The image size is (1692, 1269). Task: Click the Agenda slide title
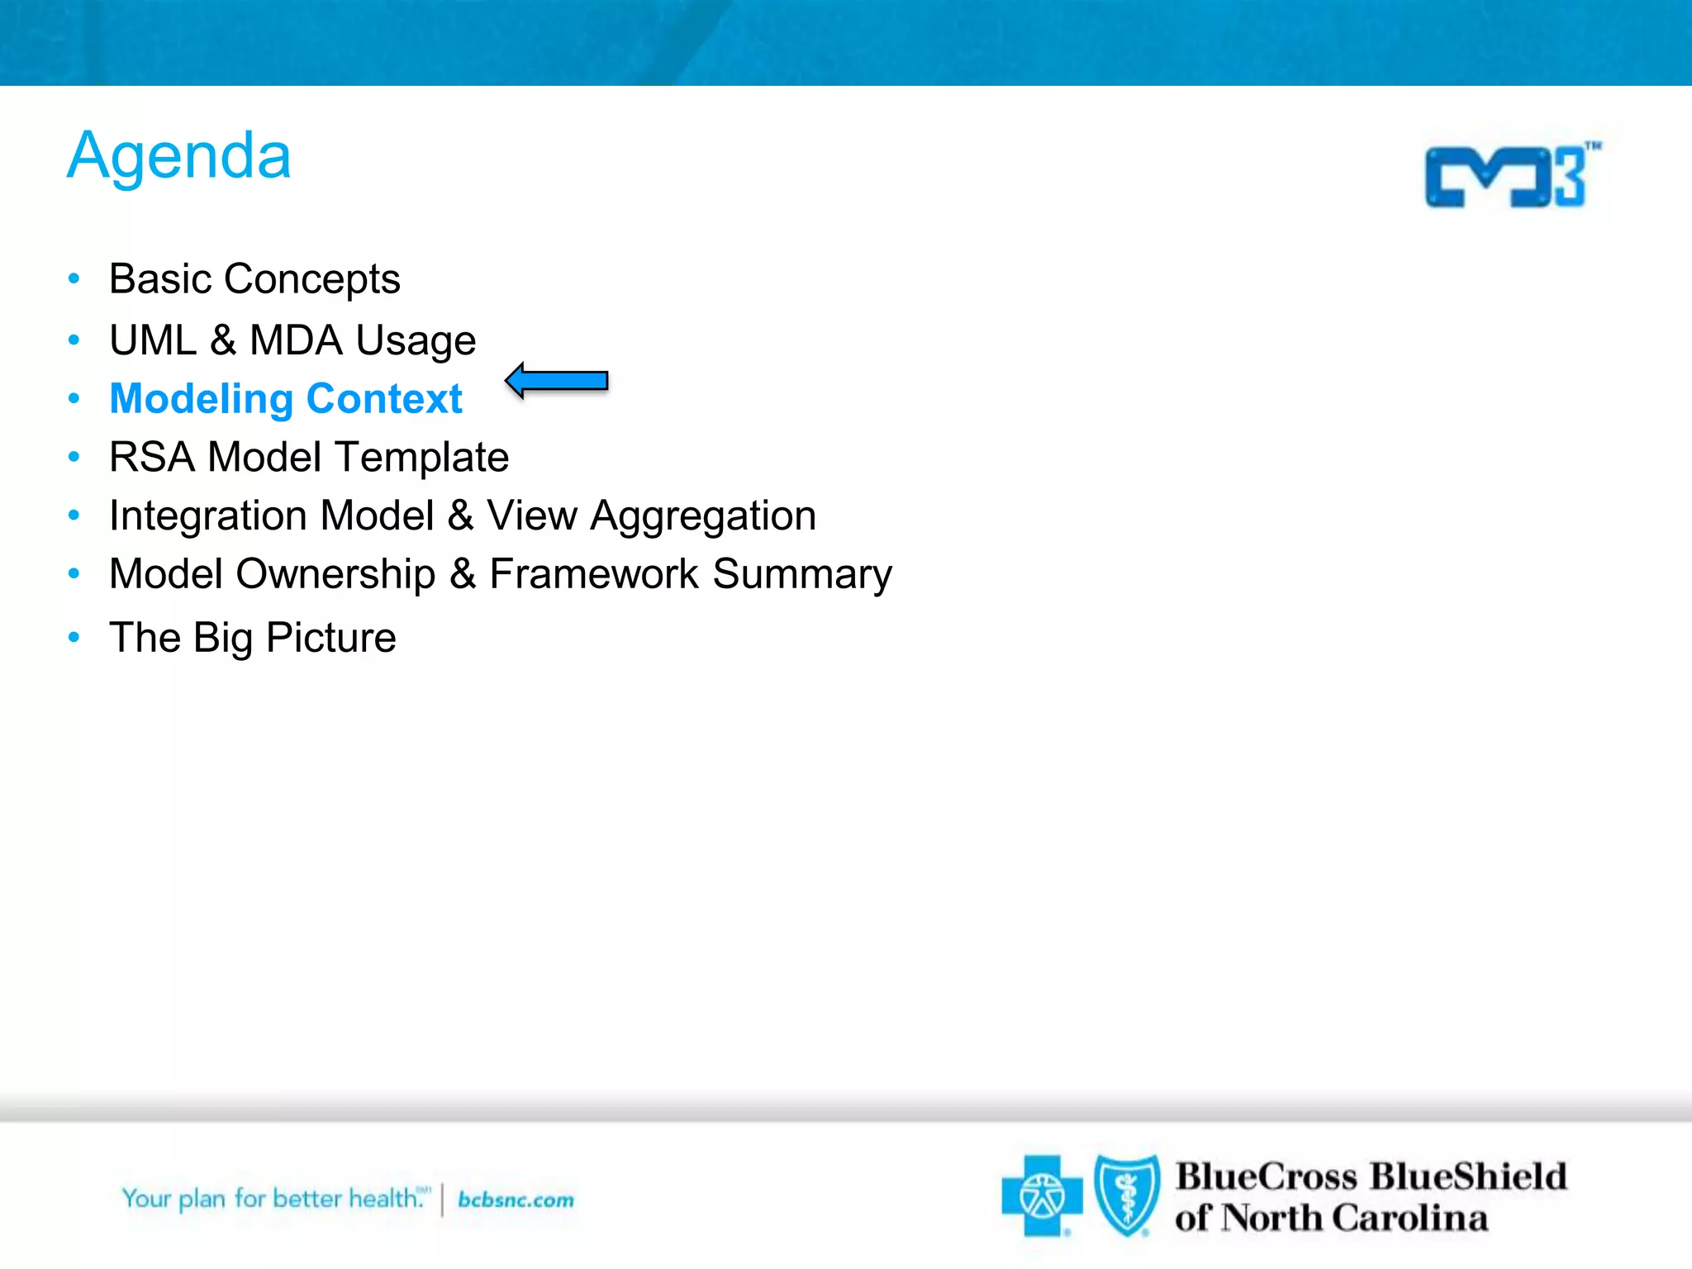click(179, 157)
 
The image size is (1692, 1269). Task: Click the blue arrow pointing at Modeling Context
click(557, 381)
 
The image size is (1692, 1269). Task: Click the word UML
click(153, 340)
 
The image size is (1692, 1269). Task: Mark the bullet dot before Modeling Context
click(74, 399)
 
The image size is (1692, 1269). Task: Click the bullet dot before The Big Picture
click(74, 637)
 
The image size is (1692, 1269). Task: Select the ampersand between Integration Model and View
click(460, 516)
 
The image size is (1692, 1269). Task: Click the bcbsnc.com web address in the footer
click(516, 1200)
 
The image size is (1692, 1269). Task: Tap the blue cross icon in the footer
click(1041, 1195)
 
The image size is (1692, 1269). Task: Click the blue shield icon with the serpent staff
click(1126, 1195)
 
